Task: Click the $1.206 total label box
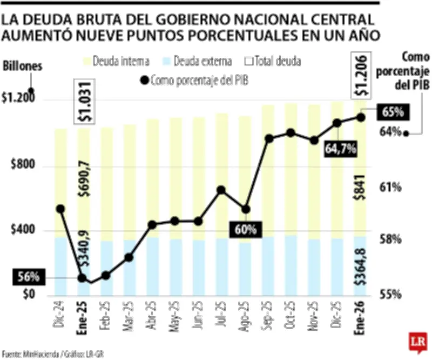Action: point(361,76)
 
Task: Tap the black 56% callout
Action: point(28,277)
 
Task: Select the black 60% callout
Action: point(245,229)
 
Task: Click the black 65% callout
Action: point(393,112)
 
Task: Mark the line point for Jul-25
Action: point(221,190)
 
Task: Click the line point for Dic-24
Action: point(60,209)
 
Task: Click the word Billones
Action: point(23,67)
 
